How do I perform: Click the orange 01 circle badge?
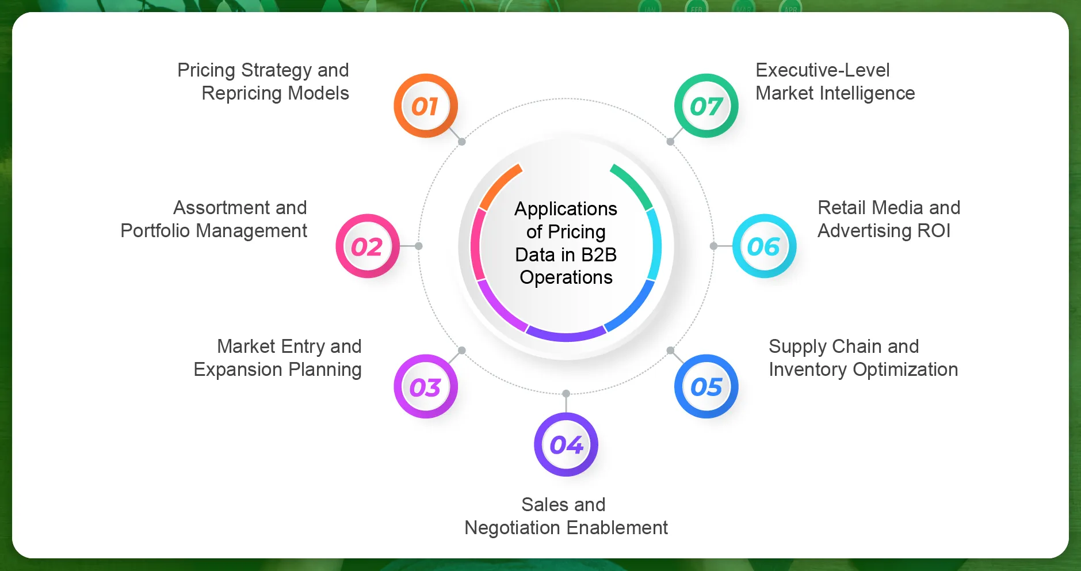pos(425,106)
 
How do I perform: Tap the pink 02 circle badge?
pos(367,246)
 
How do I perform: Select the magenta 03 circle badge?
pos(425,387)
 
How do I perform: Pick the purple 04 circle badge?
pos(566,444)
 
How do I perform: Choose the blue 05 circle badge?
pos(706,387)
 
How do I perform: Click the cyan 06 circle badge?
pos(764,246)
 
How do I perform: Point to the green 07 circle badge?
pos(706,106)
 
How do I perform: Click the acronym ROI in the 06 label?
pos(934,231)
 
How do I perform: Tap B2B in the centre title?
pos(599,254)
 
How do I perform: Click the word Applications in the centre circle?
pos(566,209)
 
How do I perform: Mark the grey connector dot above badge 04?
pos(566,394)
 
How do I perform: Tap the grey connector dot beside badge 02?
pos(419,246)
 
